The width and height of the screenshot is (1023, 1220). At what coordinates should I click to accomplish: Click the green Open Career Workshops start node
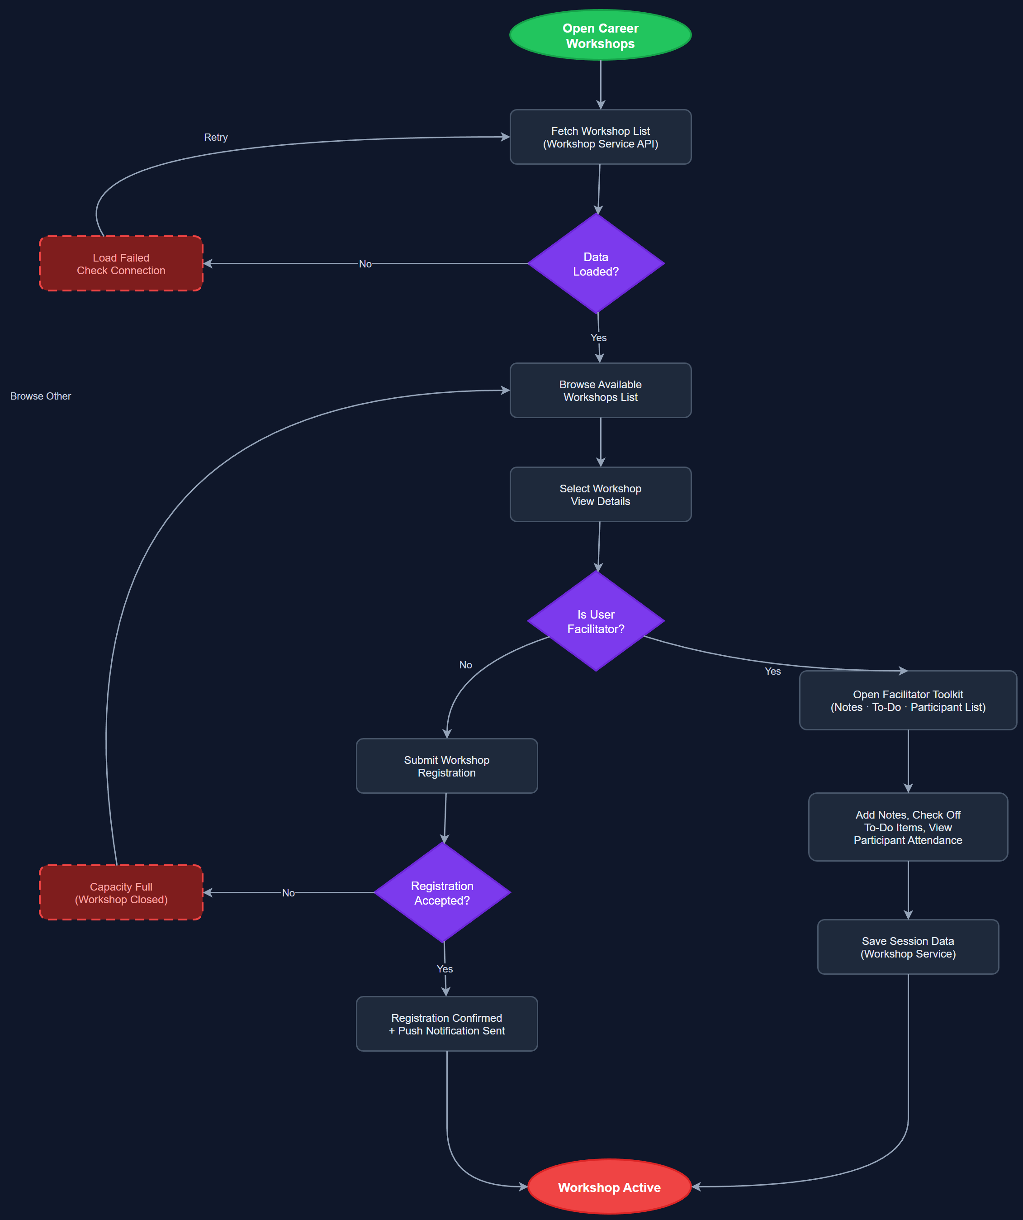tap(600, 35)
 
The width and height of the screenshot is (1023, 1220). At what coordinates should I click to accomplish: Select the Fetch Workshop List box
tap(600, 137)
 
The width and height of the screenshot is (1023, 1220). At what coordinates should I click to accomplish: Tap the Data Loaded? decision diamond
tap(596, 264)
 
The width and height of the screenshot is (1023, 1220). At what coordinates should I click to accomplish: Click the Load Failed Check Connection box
tap(121, 264)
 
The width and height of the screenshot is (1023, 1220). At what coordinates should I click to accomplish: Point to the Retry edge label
tap(215, 137)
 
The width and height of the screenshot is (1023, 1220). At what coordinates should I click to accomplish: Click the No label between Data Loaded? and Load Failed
tap(365, 264)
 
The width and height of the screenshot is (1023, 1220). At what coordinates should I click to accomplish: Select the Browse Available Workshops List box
tap(600, 391)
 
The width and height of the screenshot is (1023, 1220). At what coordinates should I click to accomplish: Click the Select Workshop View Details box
tap(600, 495)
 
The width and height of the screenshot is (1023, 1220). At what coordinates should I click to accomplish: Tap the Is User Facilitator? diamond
tap(596, 621)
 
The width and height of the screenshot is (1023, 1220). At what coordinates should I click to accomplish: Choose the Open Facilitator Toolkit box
tap(908, 701)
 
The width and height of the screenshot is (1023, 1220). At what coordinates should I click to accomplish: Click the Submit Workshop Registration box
tap(446, 766)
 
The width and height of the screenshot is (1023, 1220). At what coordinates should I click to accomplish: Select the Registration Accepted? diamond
tap(442, 893)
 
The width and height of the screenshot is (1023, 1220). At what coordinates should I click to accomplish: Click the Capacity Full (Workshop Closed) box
tap(121, 893)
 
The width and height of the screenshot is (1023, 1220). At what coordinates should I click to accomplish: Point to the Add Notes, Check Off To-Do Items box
tap(908, 827)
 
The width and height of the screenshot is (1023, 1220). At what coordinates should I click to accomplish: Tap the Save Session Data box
tap(908, 947)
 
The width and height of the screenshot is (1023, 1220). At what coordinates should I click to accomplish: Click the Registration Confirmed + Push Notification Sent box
tap(446, 1024)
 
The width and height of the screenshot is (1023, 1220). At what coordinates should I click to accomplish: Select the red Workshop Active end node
tap(609, 1187)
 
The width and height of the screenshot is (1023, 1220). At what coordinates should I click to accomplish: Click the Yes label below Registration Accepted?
tap(445, 969)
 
